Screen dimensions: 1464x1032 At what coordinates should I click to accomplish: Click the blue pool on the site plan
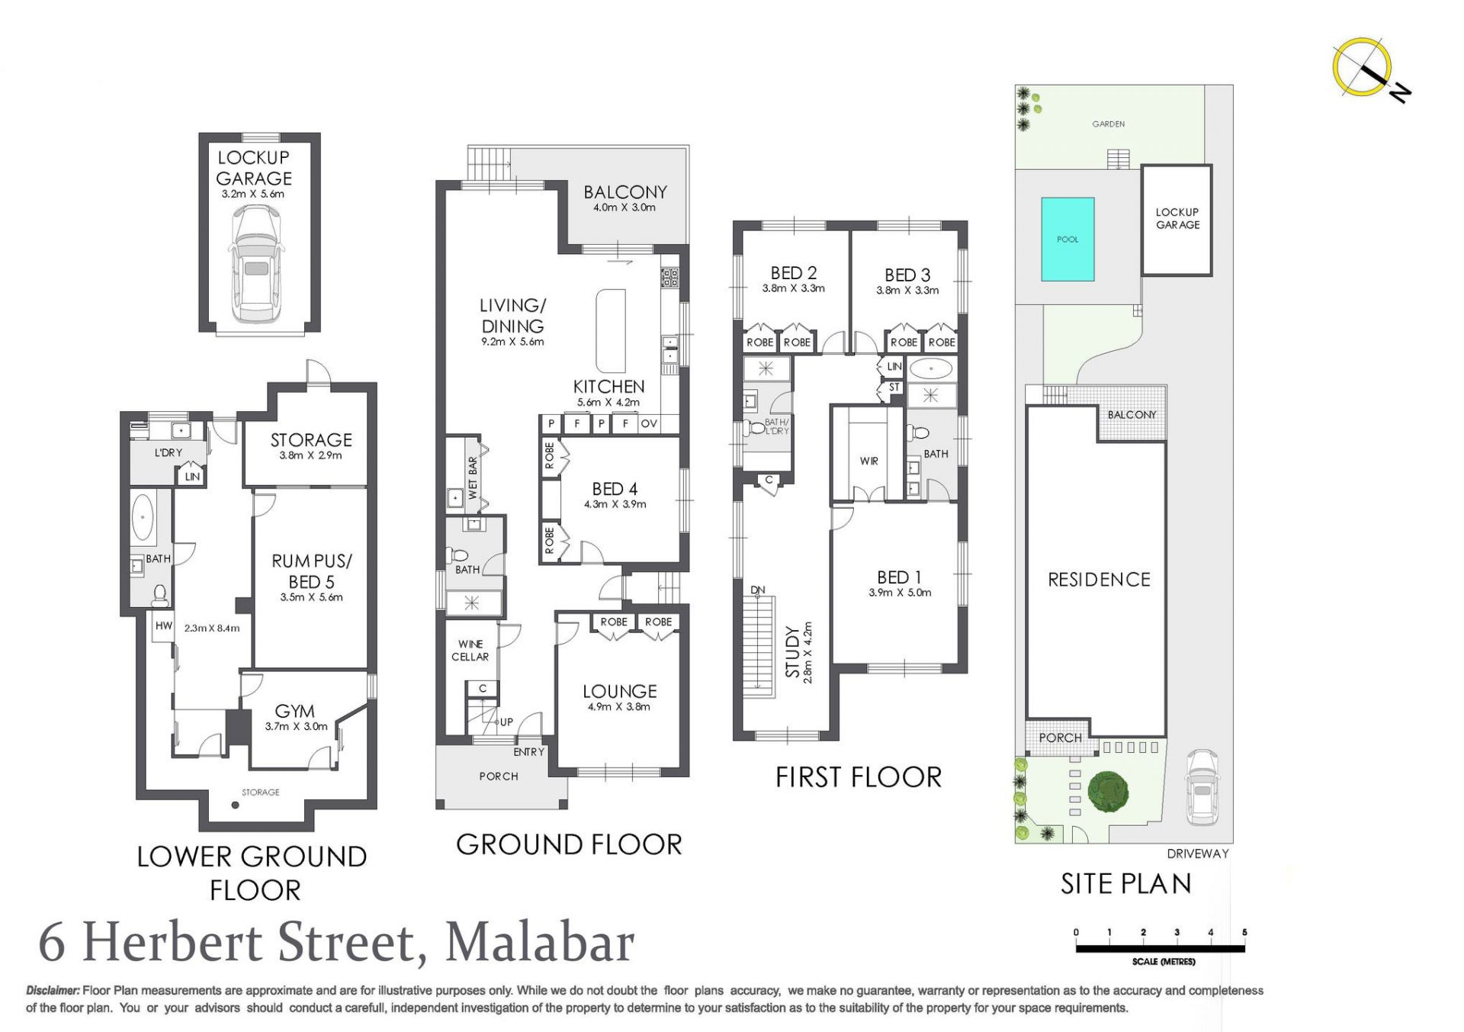1067,240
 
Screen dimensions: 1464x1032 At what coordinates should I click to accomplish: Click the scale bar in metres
1160,948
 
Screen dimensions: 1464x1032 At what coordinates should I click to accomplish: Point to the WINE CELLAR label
470,651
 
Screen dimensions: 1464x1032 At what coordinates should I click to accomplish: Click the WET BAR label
473,478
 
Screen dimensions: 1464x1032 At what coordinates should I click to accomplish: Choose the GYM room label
294,711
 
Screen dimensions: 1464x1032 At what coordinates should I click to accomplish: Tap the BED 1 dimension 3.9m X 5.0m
900,593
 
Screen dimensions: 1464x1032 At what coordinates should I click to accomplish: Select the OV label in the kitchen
649,424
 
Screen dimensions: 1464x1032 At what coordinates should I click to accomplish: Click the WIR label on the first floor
869,461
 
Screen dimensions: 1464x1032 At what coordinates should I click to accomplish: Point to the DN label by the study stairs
757,590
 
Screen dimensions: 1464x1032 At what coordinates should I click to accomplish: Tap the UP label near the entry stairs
506,722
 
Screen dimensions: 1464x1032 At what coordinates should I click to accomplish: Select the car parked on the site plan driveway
1201,787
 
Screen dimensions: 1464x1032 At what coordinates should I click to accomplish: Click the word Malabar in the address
539,943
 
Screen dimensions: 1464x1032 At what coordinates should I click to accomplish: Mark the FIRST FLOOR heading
859,777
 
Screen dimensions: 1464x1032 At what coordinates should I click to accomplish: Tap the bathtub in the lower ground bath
143,517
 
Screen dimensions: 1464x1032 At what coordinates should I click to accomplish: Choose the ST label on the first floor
894,387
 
